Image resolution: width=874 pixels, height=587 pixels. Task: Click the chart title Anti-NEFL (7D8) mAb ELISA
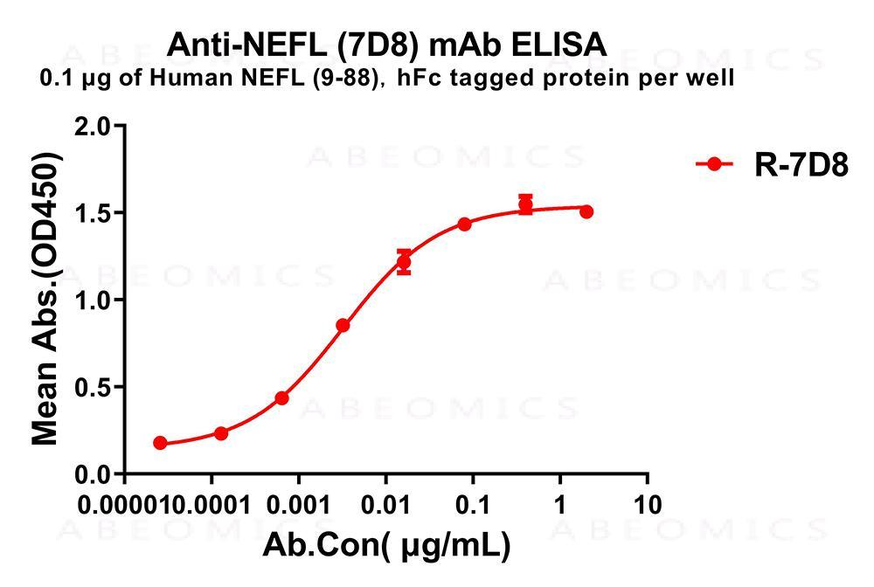[x=385, y=44]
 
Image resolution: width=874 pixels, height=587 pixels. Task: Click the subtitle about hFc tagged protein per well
[x=386, y=79]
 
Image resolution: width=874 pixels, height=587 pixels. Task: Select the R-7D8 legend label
[x=801, y=165]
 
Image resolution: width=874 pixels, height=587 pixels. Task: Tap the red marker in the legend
[x=714, y=164]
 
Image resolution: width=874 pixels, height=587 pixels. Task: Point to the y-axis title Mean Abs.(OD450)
[x=45, y=300]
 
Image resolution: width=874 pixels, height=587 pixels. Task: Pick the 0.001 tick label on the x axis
[x=298, y=504]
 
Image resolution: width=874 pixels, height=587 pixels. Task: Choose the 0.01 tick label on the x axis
[x=385, y=504]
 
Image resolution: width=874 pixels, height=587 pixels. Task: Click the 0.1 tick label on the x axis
[x=473, y=504]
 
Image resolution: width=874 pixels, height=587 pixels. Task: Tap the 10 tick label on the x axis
[x=647, y=504]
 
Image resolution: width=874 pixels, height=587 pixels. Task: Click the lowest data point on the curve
[x=160, y=443]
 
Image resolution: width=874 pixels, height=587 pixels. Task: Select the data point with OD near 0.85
[x=343, y=326]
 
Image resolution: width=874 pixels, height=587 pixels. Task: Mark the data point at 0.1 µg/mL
[x=464, y=224]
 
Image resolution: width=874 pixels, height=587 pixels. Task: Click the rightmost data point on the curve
[x=586, y=211]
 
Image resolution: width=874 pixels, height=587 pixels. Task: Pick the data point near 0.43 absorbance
[x=281, y=398]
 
